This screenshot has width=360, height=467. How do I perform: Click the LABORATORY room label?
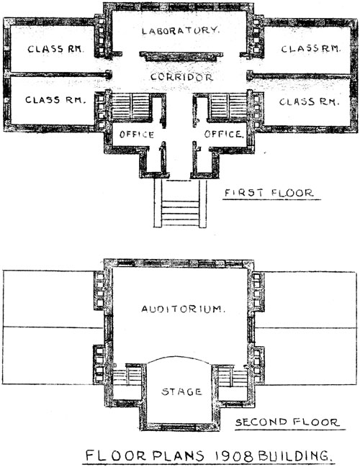point(181,30)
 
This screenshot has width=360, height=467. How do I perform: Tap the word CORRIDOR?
point(181,77)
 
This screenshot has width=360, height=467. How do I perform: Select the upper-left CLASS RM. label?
point(55,49)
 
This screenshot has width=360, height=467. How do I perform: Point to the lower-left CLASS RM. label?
point(55,100)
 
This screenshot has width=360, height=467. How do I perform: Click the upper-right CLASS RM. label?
point(310,49)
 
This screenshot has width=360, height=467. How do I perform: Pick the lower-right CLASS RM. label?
point(310,102)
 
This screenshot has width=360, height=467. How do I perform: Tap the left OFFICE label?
point(137,135)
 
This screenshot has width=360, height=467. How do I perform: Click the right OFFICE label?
point(224,134)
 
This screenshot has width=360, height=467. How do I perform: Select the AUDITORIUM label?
point(183,309)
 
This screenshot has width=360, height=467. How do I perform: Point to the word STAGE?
point(181,391)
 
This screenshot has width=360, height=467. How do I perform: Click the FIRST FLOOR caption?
point(269,193)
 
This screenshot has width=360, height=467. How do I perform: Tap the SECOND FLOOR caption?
point(287,422)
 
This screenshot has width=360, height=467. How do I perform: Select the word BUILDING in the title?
point(294,456)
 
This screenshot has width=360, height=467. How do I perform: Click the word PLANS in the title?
point(179,456)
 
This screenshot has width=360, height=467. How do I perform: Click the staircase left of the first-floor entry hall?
point(132,107)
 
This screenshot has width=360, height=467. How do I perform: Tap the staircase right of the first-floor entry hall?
point(228,107)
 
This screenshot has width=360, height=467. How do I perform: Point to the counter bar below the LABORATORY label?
point(181,56)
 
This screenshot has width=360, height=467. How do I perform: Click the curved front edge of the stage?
point(179,357)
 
